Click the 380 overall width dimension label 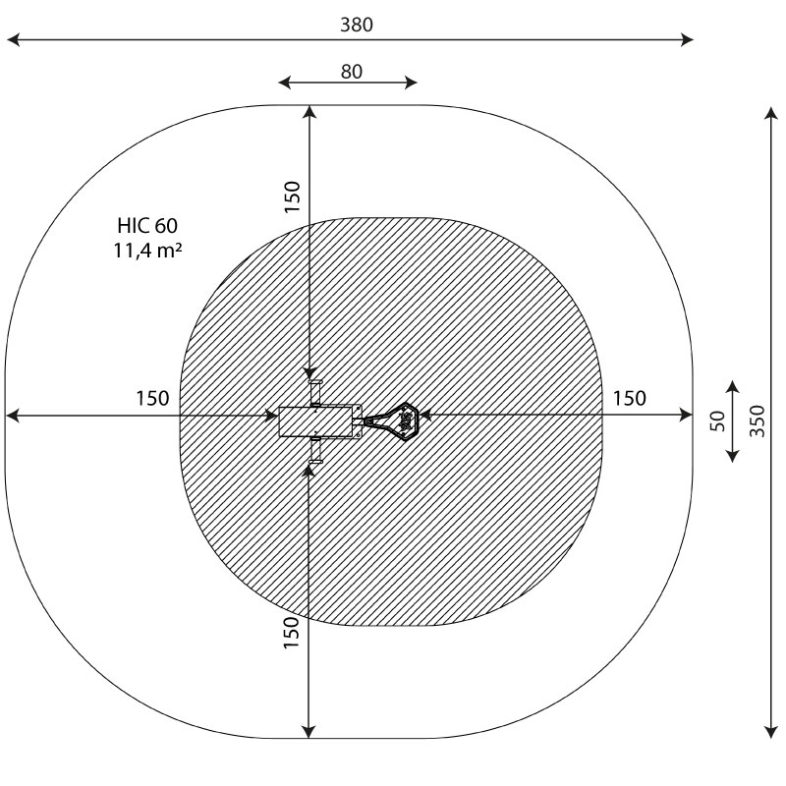(x=357, y=25)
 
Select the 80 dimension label (x=352, y=72)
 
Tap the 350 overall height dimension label (x=758, y=421)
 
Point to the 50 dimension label (x=718, y=421)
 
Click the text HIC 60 (x=147, y=226)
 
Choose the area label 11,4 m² (x=147, y=251)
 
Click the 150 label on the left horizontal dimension (x=152, y=399)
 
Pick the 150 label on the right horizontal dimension (x=630, y=399)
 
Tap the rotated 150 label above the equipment (x=291, y=196)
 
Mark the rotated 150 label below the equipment (x=291, y=633)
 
